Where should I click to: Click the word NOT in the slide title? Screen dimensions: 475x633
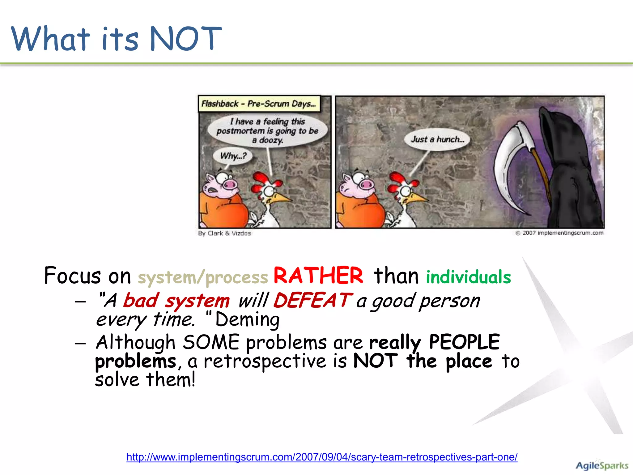(x=185, y=39)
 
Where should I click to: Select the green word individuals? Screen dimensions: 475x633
(x=468, y=277)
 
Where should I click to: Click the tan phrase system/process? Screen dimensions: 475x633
(x=203, y=277)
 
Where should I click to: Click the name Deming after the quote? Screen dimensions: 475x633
(x=247, y=319)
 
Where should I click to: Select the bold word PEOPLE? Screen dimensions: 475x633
(x=464, y=342)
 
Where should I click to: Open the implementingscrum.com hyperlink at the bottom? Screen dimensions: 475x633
(x=322, y=457)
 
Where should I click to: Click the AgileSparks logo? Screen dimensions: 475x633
(x=601, y=465)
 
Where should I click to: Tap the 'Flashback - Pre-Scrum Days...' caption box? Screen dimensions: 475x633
(x=259, y=104)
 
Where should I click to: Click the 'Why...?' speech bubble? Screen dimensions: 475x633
(x=233, y=156)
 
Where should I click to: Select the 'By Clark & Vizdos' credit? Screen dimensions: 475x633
(x=224, y=233)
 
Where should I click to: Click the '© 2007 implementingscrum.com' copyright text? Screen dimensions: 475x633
(x=559, y=233)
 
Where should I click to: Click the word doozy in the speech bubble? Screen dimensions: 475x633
(x=271, y=140)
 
